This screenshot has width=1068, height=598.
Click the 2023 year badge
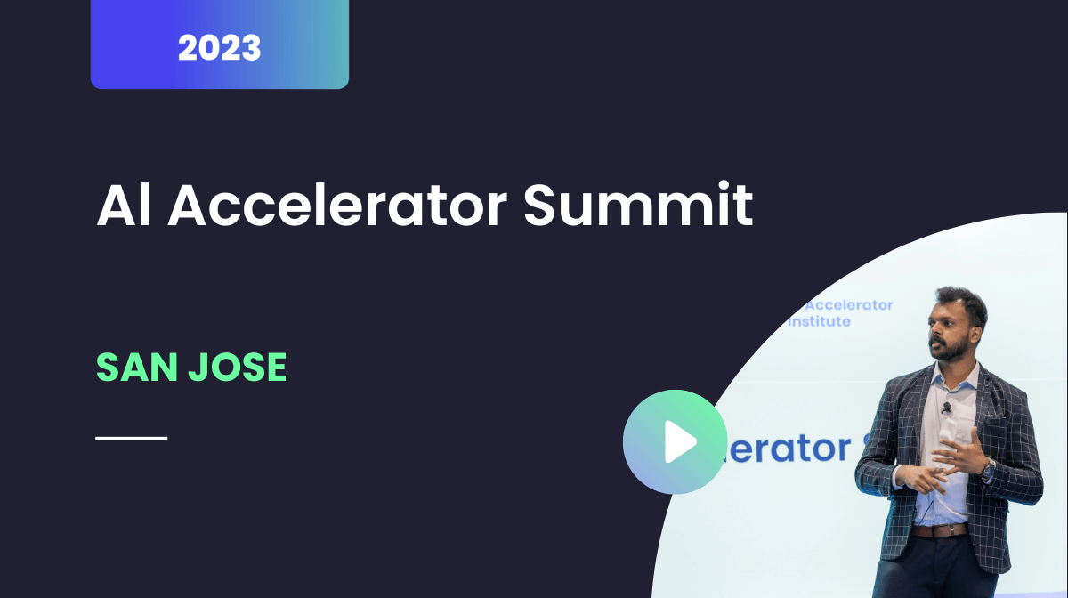(x=219, y=46)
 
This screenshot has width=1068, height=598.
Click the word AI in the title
(x=122, y=206)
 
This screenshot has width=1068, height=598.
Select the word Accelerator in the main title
(x=338, y=206)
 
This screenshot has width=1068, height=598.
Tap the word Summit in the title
(x=637, y=206)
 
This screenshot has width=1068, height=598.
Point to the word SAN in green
(x=133, y=367)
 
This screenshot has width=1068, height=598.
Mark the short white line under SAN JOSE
(x=131, y=438)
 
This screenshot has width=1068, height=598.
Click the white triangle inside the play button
(x=679, y=441)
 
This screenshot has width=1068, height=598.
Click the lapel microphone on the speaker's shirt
(x=947, y=408)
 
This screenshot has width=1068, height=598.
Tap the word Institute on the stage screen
(x=819, y=321)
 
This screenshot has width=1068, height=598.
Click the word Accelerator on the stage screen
(x=842, y=305)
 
